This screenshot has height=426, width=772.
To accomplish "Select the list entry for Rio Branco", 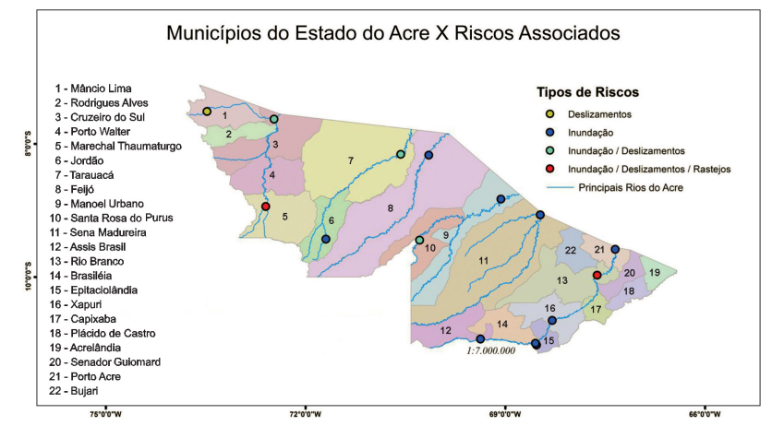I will (x=95, y=260).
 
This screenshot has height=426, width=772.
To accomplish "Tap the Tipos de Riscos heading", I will (x=588, y=93).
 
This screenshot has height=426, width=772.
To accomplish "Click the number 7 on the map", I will (x=351, y=161).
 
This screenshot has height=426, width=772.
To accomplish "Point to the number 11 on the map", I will (x=483, y=262).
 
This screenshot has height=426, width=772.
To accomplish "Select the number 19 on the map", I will (x=654, y=272).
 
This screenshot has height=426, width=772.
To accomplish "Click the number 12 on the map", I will (x=446, y=330).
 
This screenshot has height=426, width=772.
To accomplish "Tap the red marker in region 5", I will (x=266, y=207).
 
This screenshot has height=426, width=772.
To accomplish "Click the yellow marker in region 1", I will (x=207, y=112).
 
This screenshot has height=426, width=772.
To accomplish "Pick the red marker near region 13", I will (x=597, y=275).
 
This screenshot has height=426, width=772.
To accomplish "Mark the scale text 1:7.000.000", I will (x=490, y=350).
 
